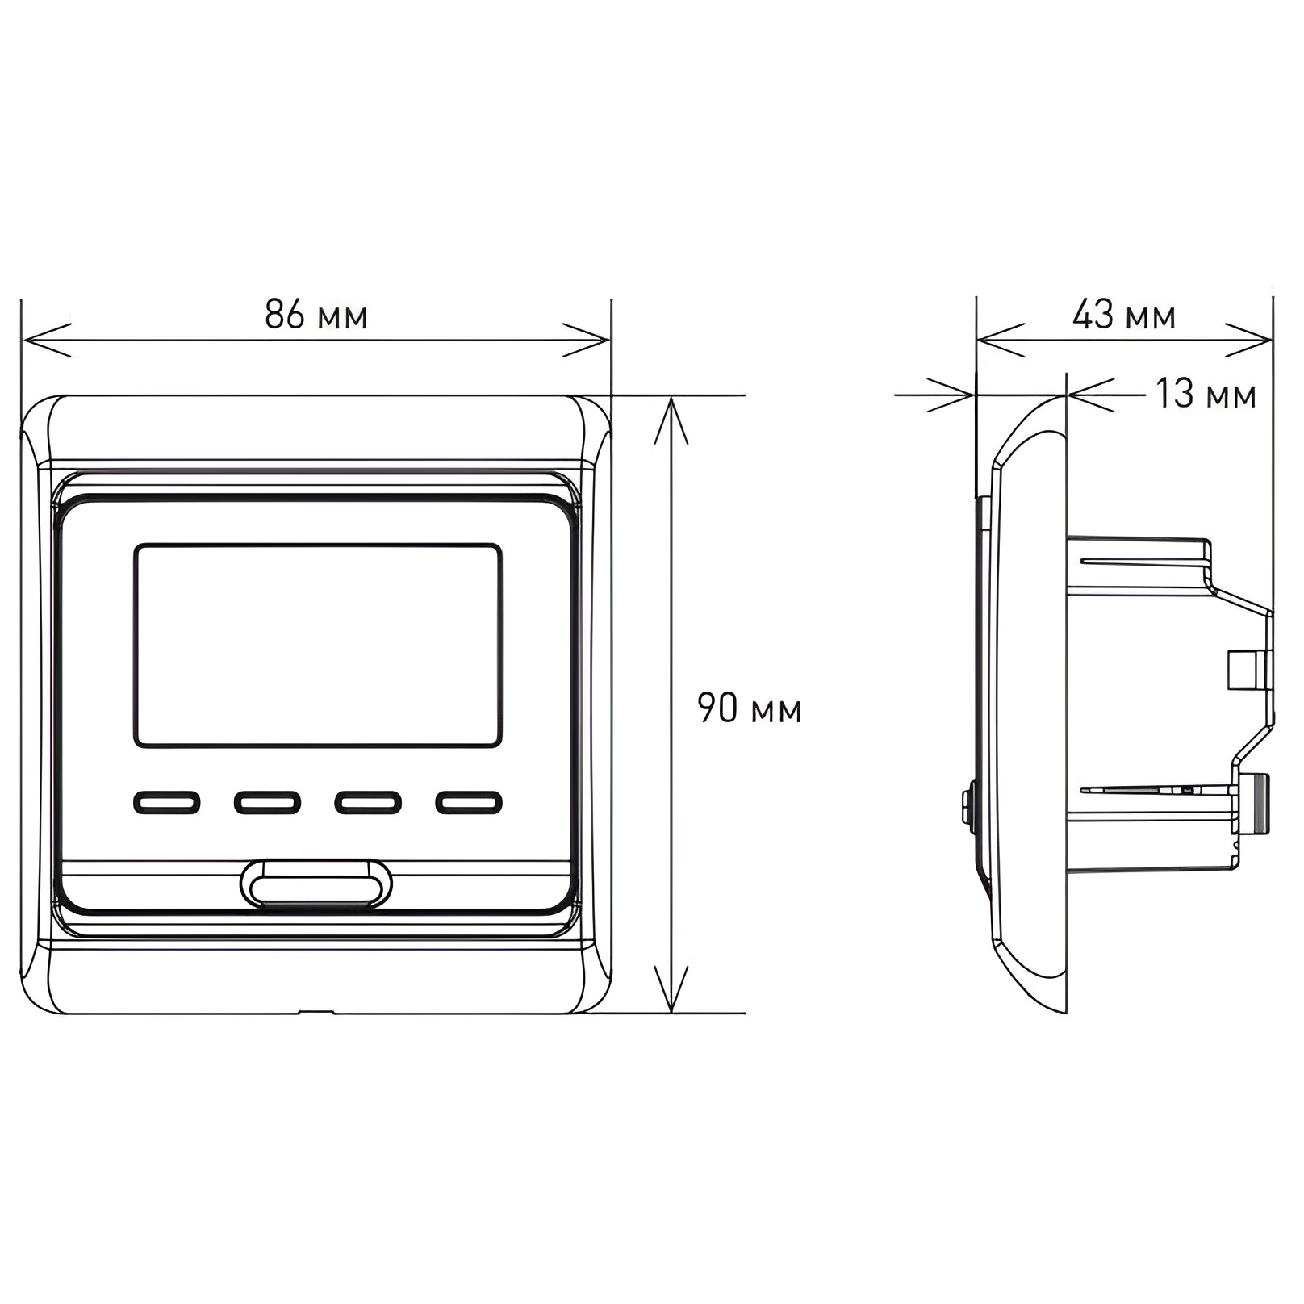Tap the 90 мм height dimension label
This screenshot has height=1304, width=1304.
[x=750, y=708]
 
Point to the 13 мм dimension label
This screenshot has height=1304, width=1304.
[x=1206, y=394]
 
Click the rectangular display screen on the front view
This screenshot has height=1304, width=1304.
[x=318, y=646]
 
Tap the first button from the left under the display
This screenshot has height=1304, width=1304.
[x=167, y=802]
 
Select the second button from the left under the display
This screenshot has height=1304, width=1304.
[x=268, y=802]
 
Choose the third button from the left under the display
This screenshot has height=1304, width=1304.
[x=368, y=802]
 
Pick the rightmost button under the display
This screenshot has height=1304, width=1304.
[x=469, y=802]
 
